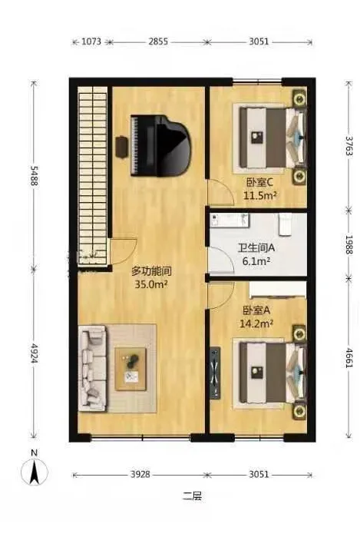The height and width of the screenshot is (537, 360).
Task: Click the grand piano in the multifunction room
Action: coord(160,145)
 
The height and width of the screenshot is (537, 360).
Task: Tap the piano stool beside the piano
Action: coord(121,147)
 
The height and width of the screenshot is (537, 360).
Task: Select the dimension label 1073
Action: coord(91,41)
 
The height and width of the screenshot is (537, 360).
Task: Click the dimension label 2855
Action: coord(158,41)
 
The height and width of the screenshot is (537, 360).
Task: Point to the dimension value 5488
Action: coord(34,176)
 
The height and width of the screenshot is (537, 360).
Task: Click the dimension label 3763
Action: coord(348,146)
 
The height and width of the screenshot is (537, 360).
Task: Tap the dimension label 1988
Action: coord(348,244)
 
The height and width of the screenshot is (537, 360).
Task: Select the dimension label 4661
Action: coord(348,358)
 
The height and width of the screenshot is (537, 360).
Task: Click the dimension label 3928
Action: coord(140,474)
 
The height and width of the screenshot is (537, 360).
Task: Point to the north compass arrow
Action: coord(35,472)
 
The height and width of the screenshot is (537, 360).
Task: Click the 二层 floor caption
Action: coord(193,496)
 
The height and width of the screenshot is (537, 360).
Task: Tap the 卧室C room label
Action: coord(258,183)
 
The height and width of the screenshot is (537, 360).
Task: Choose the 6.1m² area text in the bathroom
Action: coord(256,261)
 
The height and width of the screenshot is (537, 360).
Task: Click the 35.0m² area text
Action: coord(151,284)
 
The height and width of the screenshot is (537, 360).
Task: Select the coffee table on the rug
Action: coord(130,369)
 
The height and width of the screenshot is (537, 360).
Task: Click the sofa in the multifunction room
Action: coord(92,368)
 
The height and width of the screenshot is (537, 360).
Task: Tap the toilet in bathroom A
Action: coord(285,224)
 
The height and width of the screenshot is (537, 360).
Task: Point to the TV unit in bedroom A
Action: coord(215,373)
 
